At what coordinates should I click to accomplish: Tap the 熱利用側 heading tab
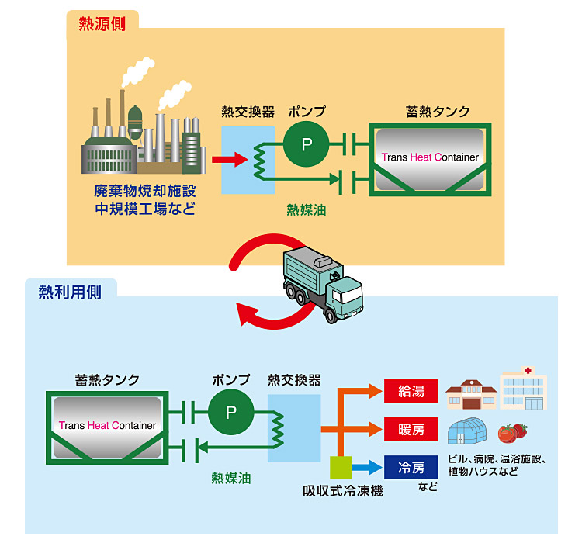[x=71, y=292]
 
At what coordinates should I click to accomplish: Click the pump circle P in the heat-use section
[x=230, y=413]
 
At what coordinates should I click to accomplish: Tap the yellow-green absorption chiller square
[x=341, y=467]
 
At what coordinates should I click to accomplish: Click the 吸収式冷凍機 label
[x=342, y=492]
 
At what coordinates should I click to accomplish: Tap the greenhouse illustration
[x=469, y=431]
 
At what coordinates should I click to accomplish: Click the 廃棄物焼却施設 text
[x=145, y=191]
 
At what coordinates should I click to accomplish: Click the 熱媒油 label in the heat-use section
[x=230, y=478]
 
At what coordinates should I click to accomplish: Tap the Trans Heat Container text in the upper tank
[x=430, y=157]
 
